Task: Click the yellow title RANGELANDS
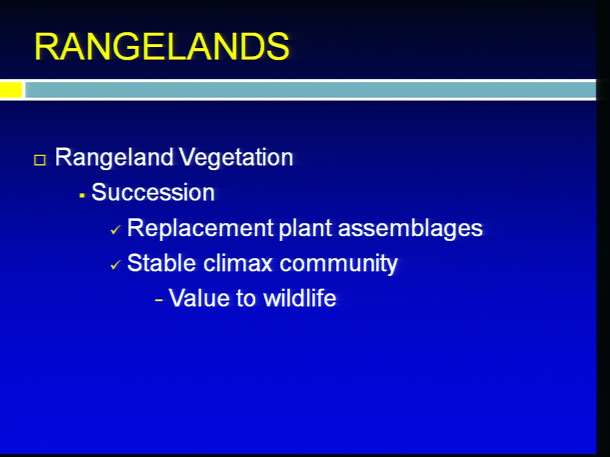point(162,46)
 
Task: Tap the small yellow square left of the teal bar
point(11,89)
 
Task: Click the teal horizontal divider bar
point(310,89)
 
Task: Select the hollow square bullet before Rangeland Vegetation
point(40,160)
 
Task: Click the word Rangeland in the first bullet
point(114,158)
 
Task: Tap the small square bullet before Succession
point(82,195)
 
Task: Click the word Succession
point(153,192)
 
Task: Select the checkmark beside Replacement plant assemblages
point(116,230)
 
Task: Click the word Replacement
point(200,228)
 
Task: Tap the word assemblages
point(410,228)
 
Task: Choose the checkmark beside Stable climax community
point(116,265)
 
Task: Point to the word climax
point(237,263)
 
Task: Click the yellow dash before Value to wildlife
point(158,300)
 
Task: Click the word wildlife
point(299,298)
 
